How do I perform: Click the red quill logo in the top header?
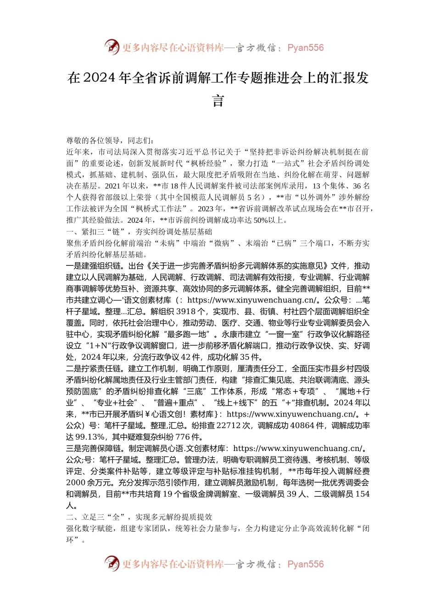(x=112, y=47)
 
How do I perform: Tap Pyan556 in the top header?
(x=305, y=48)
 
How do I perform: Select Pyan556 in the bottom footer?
(x=305, y=564)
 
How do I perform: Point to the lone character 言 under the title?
(x=218, y=101)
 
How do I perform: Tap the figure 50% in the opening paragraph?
(x=261, y=220)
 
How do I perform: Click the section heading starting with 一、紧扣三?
(x=139, y=231)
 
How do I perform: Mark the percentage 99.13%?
(x=91, y=437)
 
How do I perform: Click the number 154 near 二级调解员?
(x=363, y=494)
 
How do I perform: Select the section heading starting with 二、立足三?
(x=139, y=517)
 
